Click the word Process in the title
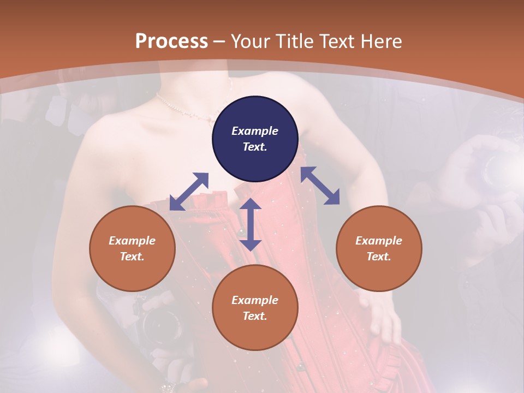point(171,41)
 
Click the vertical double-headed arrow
point(251,224)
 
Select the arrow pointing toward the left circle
point(189,191)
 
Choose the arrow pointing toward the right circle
point(320,186)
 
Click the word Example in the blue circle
point(255,131)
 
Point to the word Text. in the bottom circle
point(255,316)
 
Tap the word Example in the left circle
point(132,241)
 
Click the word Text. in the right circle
point(379,257)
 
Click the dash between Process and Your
point(219,41)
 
